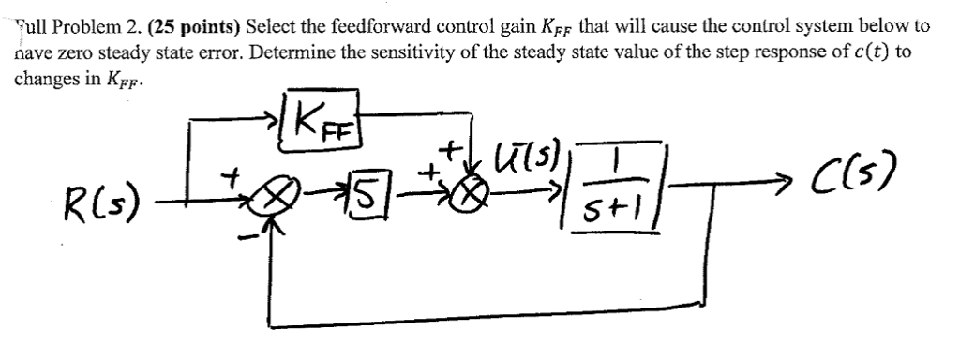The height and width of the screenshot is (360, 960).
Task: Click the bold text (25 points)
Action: (195, 26)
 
